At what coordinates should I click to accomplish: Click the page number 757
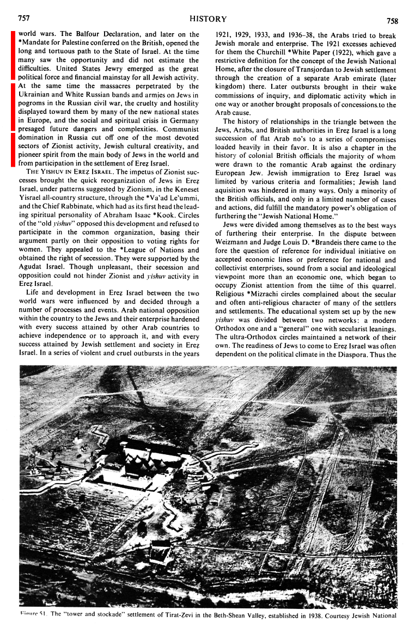(x=23, y=19)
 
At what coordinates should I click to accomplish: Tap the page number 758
(x=392, y=21)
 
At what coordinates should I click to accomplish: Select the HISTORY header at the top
(x=207, y=19)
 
